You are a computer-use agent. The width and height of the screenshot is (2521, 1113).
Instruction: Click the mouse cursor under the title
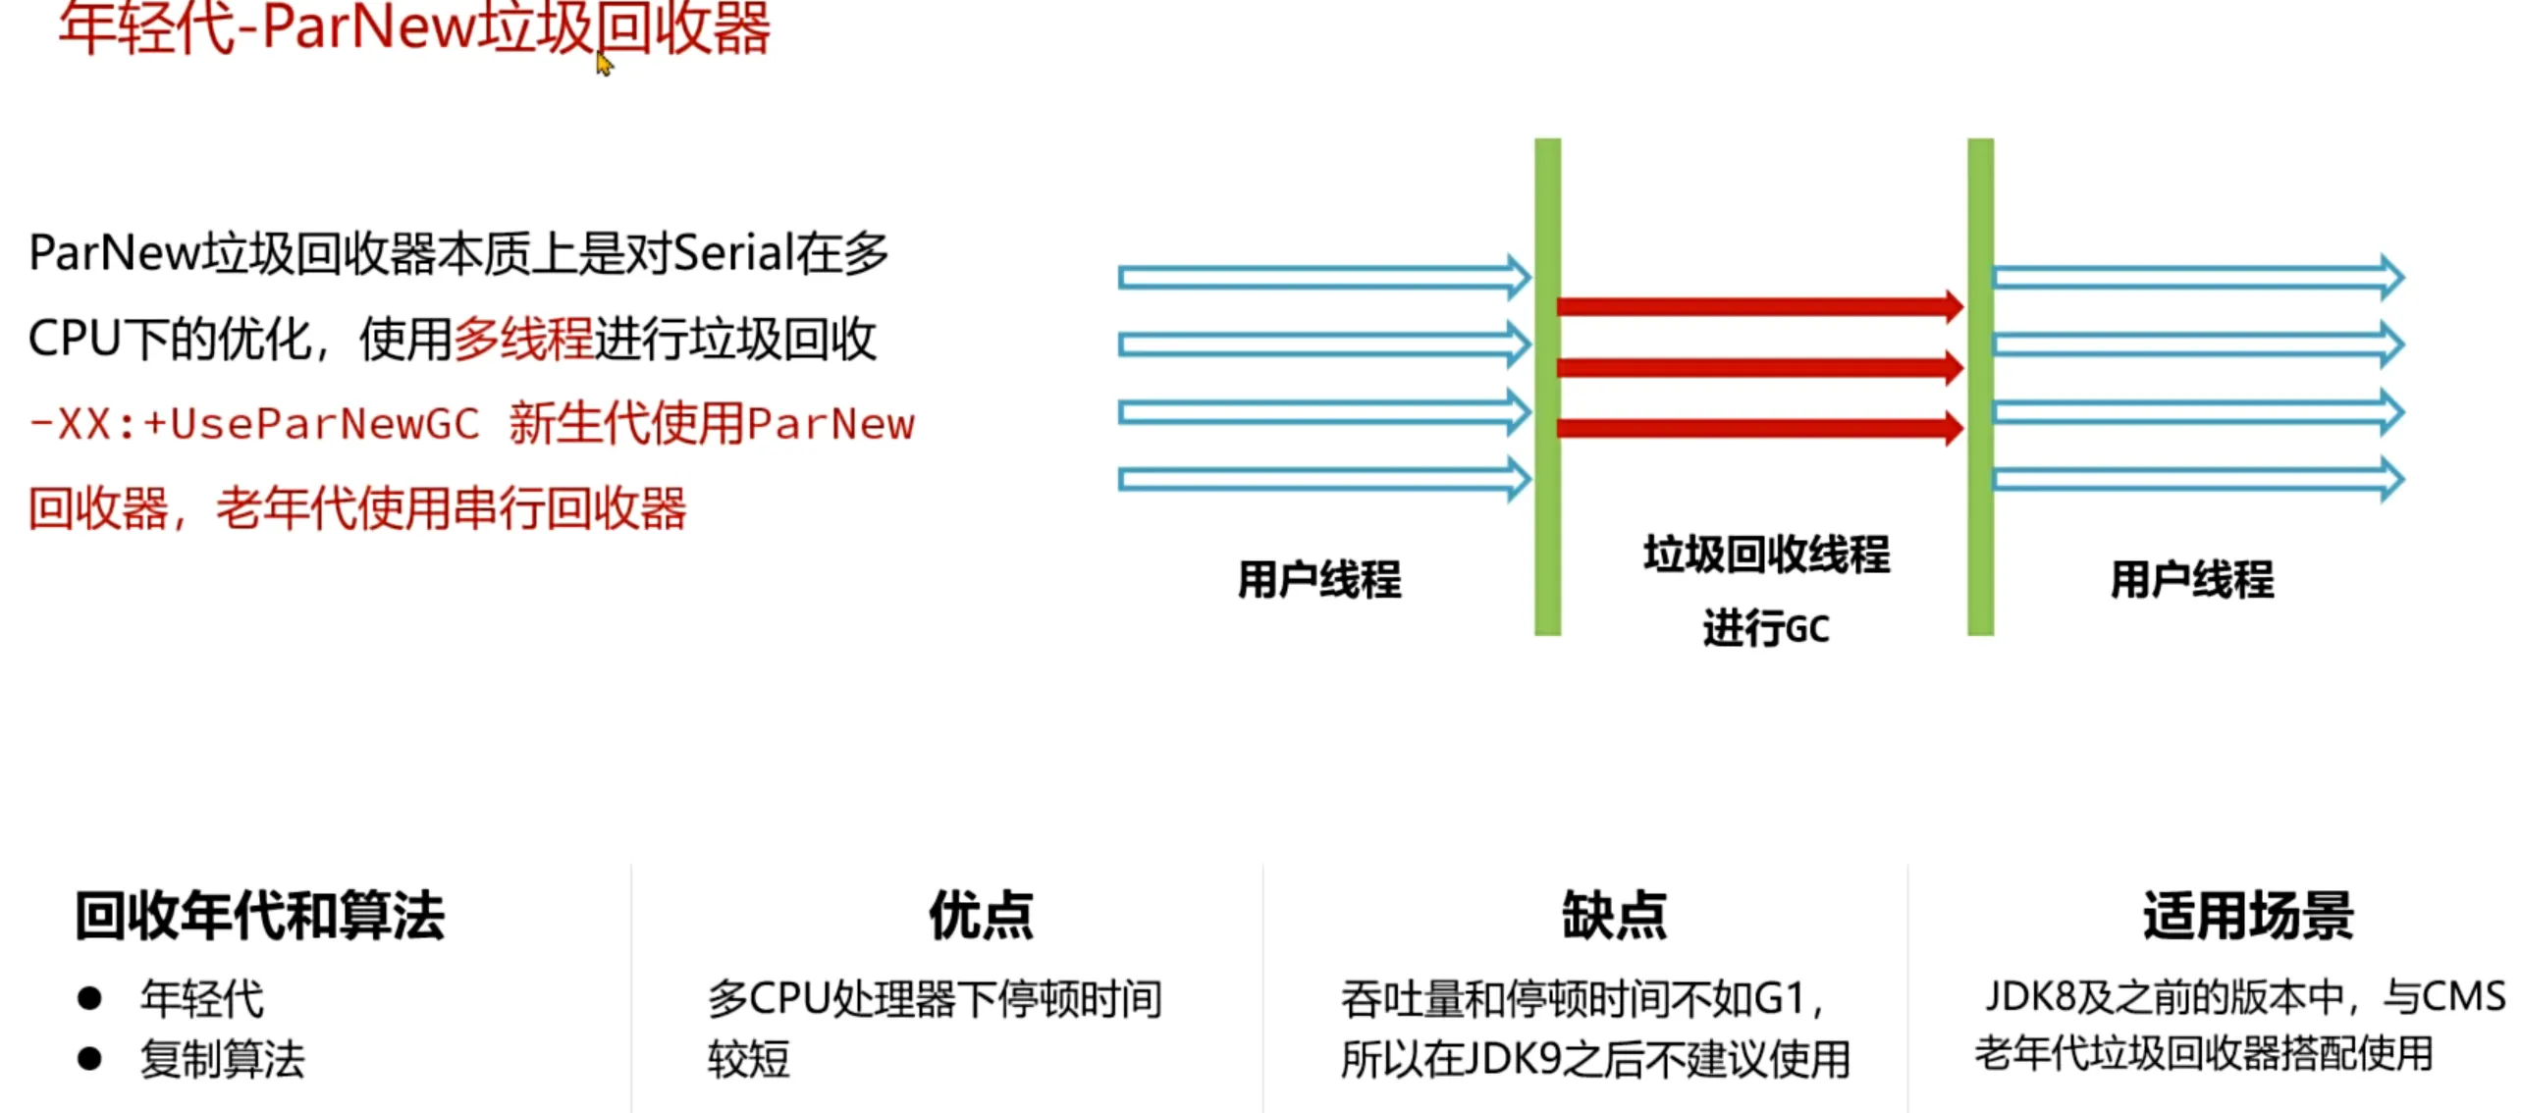(604, 65)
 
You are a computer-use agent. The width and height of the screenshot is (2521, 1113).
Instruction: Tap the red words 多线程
(522, 340)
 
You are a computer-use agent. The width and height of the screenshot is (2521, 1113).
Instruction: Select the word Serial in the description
(732, 253)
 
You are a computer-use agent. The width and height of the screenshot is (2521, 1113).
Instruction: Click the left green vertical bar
(1547, 387)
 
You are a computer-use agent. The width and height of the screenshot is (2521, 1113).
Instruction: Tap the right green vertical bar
(1980, 387)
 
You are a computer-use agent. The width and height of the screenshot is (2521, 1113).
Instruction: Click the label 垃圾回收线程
(1766, 555)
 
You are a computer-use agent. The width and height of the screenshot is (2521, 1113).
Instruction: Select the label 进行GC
(1766, 628)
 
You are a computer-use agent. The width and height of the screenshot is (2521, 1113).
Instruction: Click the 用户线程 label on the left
(1318, 579)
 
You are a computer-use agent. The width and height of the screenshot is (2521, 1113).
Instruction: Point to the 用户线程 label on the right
(2191, 579)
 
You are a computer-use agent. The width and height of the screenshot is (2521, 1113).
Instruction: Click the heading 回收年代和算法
(259, 916)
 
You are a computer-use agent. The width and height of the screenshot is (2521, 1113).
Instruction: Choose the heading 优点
(981, 916)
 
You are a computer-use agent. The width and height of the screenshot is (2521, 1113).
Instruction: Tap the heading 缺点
(1614, 916)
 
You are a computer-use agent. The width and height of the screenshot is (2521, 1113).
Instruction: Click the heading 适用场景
(2248, 916)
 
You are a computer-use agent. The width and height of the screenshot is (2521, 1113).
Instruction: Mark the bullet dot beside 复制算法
(90, 1059)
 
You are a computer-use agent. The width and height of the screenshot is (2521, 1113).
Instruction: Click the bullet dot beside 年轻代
(90, 999)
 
